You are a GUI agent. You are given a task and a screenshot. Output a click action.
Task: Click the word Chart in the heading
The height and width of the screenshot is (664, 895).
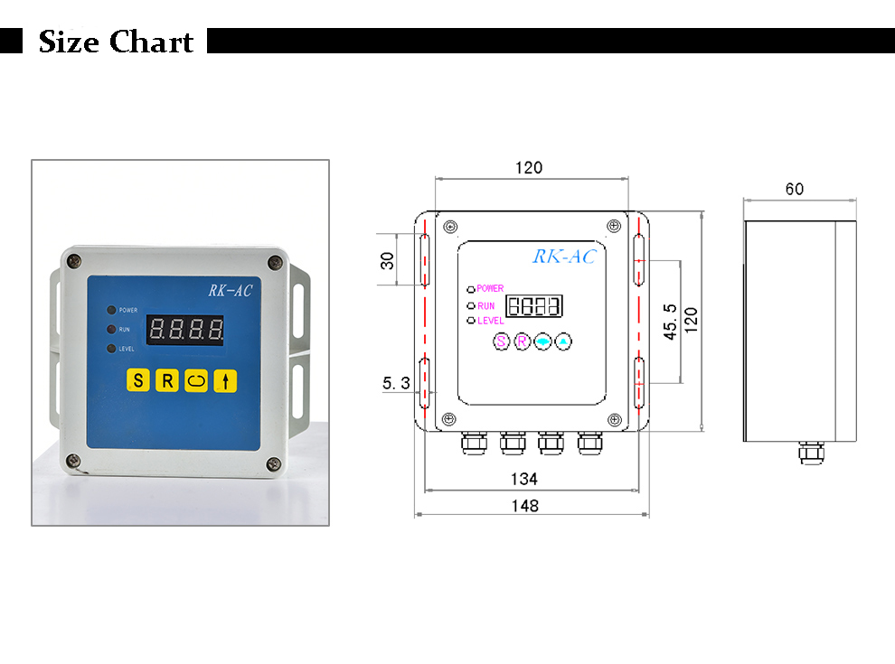[151, 42]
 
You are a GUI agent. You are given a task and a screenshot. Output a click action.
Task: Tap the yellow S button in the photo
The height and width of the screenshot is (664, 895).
[138, 380]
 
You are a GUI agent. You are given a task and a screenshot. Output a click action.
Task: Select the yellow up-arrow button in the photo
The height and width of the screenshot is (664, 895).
[225, 380]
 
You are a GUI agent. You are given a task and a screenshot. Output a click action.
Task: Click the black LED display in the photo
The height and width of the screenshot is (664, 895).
[185, 330]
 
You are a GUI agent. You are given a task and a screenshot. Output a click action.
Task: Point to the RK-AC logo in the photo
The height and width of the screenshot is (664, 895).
[230, 290]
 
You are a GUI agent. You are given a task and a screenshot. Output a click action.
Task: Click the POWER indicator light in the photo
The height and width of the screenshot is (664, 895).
[111, 311]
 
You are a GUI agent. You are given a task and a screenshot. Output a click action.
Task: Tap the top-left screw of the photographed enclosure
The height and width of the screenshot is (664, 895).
[74, 261]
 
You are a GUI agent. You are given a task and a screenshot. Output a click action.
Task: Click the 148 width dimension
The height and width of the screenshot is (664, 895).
[524, 505]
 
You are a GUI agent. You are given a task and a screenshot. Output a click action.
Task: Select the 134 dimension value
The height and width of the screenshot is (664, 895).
[524, 479]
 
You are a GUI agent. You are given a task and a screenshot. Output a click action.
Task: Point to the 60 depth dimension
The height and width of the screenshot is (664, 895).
[795, 189]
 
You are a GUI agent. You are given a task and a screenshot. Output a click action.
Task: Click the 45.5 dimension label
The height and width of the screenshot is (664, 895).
[670, 322]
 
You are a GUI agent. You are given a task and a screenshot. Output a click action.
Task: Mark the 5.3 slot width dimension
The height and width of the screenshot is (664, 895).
[396, 383]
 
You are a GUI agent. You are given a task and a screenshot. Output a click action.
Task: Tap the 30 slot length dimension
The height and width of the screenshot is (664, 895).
[387, 261]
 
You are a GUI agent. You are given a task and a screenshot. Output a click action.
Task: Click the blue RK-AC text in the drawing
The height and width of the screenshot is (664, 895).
[564, 257]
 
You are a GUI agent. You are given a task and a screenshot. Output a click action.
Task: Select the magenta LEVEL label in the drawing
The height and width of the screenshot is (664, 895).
[490, 321]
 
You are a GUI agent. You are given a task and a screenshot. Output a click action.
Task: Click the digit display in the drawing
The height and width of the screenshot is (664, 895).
[534, 305]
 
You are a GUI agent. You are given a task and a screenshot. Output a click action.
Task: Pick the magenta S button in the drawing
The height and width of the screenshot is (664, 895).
[501, 341]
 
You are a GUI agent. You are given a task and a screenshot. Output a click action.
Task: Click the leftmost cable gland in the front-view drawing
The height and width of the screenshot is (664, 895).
[474, 443]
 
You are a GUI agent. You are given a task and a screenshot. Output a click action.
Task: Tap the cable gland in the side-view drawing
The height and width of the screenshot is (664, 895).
[811, 453]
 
